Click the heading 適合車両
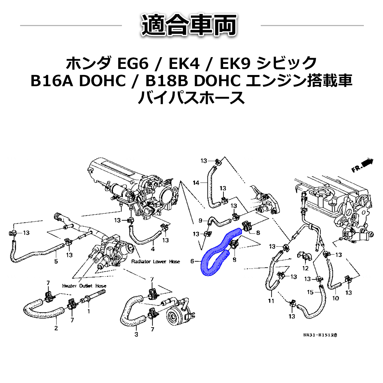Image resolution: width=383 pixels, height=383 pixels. point(190,25)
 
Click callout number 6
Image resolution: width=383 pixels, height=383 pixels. point(192,261)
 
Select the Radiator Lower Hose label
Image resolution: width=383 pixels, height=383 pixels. point(156,261)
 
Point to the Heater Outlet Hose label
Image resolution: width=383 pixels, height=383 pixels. point(84,286)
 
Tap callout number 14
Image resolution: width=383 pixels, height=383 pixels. point(196,183)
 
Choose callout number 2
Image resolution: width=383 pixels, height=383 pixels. point(56,328)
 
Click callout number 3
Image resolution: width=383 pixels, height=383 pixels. point(136,334)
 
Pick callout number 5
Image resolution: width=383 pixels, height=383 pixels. point(56,262)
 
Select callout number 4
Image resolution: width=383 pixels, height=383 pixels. point(153,249)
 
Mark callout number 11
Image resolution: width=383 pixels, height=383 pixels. point(271,301)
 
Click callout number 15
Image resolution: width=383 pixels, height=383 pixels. point(310,292)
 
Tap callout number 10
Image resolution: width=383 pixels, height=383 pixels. point(336,298)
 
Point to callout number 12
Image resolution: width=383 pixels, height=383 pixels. point(305,268)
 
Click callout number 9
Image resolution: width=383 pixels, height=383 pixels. point(200,220)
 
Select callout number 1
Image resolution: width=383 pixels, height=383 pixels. point(88,311)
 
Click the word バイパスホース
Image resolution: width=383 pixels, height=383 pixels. point(191,98)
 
